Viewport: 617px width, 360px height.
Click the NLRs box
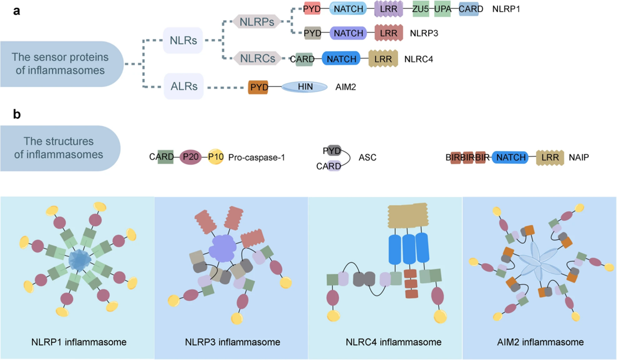coord(183,40)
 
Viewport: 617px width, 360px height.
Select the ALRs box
coord(184,86)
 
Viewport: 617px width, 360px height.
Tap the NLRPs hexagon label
coord(256,21)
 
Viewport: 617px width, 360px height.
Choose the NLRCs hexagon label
coord(256,59)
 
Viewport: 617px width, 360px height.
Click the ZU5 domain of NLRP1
coord(420,9)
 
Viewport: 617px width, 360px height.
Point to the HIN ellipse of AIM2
coord(305,87)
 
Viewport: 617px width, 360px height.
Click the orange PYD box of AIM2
coord(258,87)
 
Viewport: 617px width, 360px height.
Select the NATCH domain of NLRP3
coord(349,33)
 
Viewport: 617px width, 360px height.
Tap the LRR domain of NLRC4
coord(383,59)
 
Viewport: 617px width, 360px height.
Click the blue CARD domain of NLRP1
coord(469,9)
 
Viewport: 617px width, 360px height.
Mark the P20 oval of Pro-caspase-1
coord(191,157)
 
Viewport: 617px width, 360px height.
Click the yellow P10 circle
coord(215,157)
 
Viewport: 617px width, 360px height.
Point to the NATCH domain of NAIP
coord(510,157)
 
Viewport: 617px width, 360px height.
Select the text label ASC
coord(368,158)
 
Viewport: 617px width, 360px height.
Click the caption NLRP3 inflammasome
coord(231,342)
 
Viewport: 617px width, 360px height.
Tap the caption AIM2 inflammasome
coord(540,342)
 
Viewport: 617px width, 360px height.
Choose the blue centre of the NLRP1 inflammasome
coord(78,260)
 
